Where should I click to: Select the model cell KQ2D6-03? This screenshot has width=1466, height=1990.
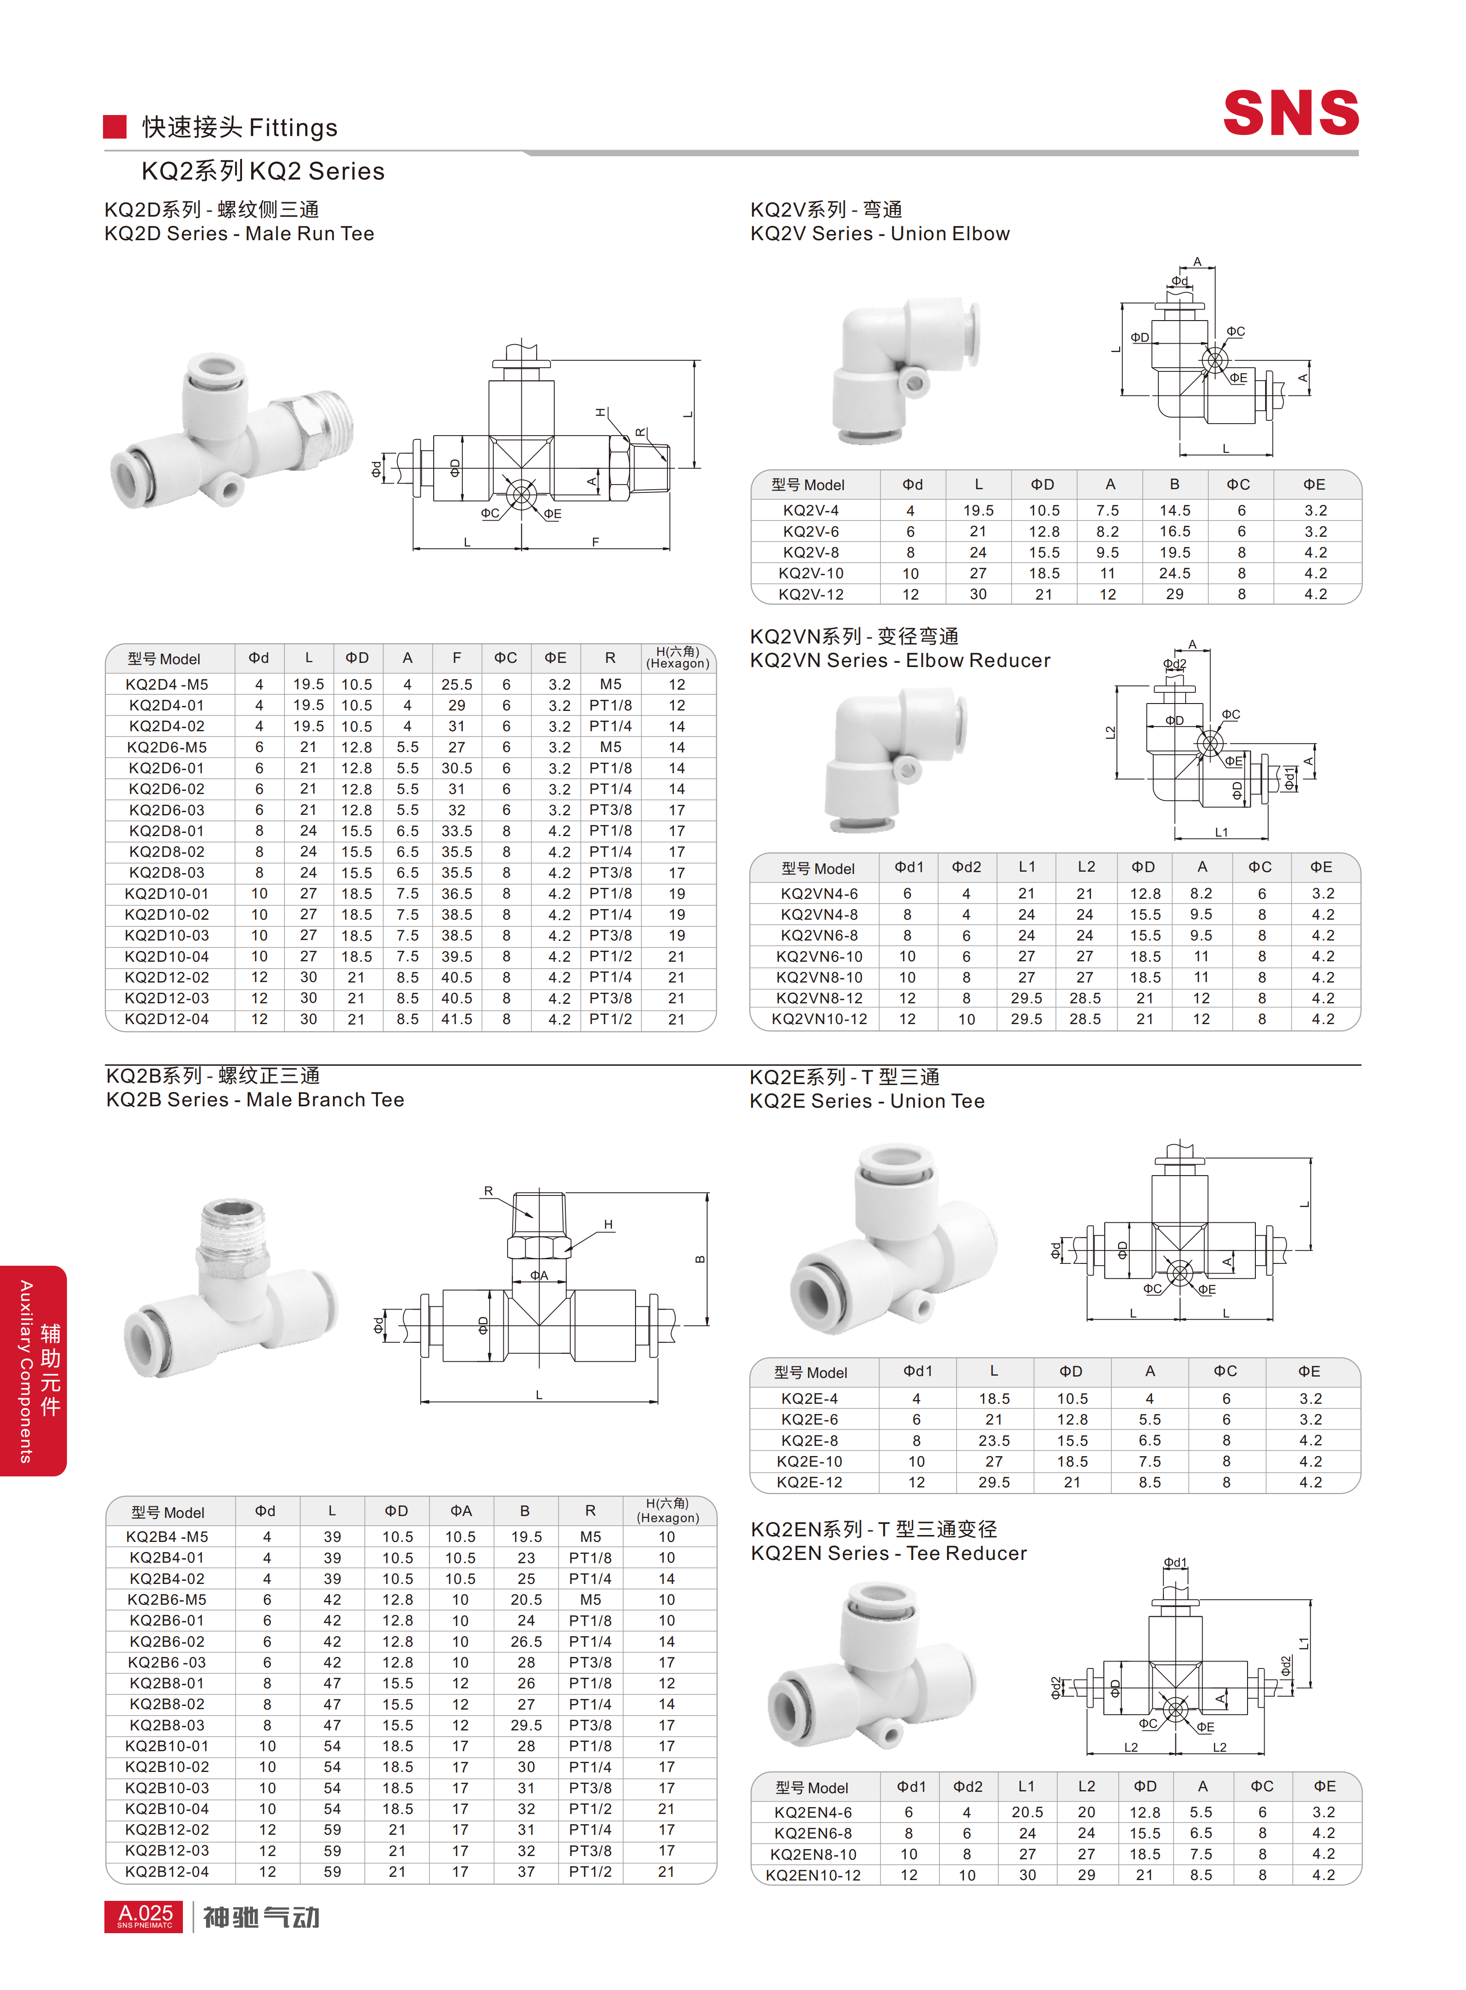pyautogui.click(x=167, y=809)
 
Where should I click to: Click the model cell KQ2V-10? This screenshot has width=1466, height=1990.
pyautogui.click(x=811, y=573)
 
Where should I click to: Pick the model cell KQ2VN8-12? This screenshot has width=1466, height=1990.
pyautogui.click(x=819, y=998)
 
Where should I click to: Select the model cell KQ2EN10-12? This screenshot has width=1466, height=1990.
pyautogui.click(x=813, y=1875)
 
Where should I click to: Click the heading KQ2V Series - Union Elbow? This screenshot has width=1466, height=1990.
pyautogui.click(x=879, y=233)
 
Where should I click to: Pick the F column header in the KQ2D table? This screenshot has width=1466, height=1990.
pyautogui.click(x=456, y=658)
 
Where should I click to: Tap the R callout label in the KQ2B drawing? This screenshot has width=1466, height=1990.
pyautogui.click(x=488, y=1191)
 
